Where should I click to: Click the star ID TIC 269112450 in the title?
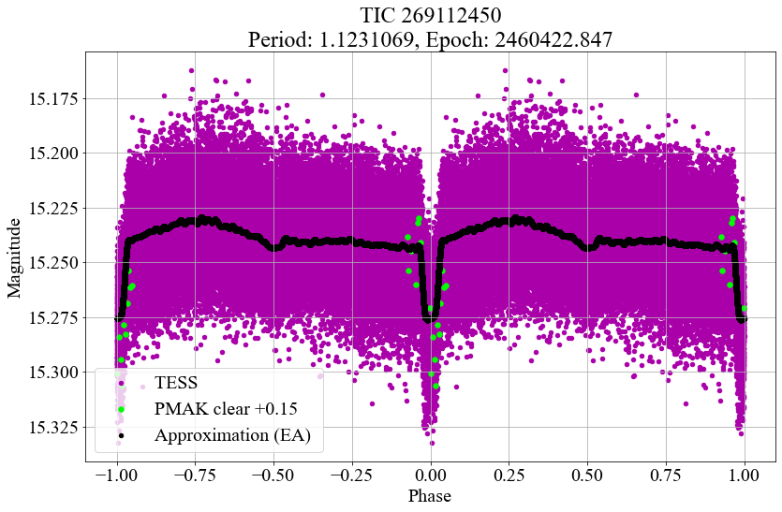click(431, 16)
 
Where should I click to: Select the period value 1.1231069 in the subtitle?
click(366, 39)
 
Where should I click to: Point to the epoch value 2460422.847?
click(553, 39)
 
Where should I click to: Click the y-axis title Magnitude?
click(14, 258)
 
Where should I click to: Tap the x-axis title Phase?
click(430, 495)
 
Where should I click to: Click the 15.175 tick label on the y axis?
click(51, 98)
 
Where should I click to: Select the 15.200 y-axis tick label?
click(51, 154)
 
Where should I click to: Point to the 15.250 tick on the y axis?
click(51, 263)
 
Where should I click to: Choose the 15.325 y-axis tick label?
click(51, 427)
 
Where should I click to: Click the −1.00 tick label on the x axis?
click(117, 475)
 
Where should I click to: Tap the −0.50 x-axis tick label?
click(273, 475)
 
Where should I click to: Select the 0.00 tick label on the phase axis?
click(431, 475)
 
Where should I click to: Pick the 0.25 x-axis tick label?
click(509, 475)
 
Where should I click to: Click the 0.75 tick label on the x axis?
click(666, 475)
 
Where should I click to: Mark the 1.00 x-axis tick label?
click(745, 475)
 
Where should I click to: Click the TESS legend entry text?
click(176, 383)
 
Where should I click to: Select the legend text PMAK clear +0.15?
click(226, 409)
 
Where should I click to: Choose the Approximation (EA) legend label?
click(233, 435)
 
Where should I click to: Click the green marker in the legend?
click(121, 409)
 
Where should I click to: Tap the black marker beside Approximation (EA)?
click(121, 436)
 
